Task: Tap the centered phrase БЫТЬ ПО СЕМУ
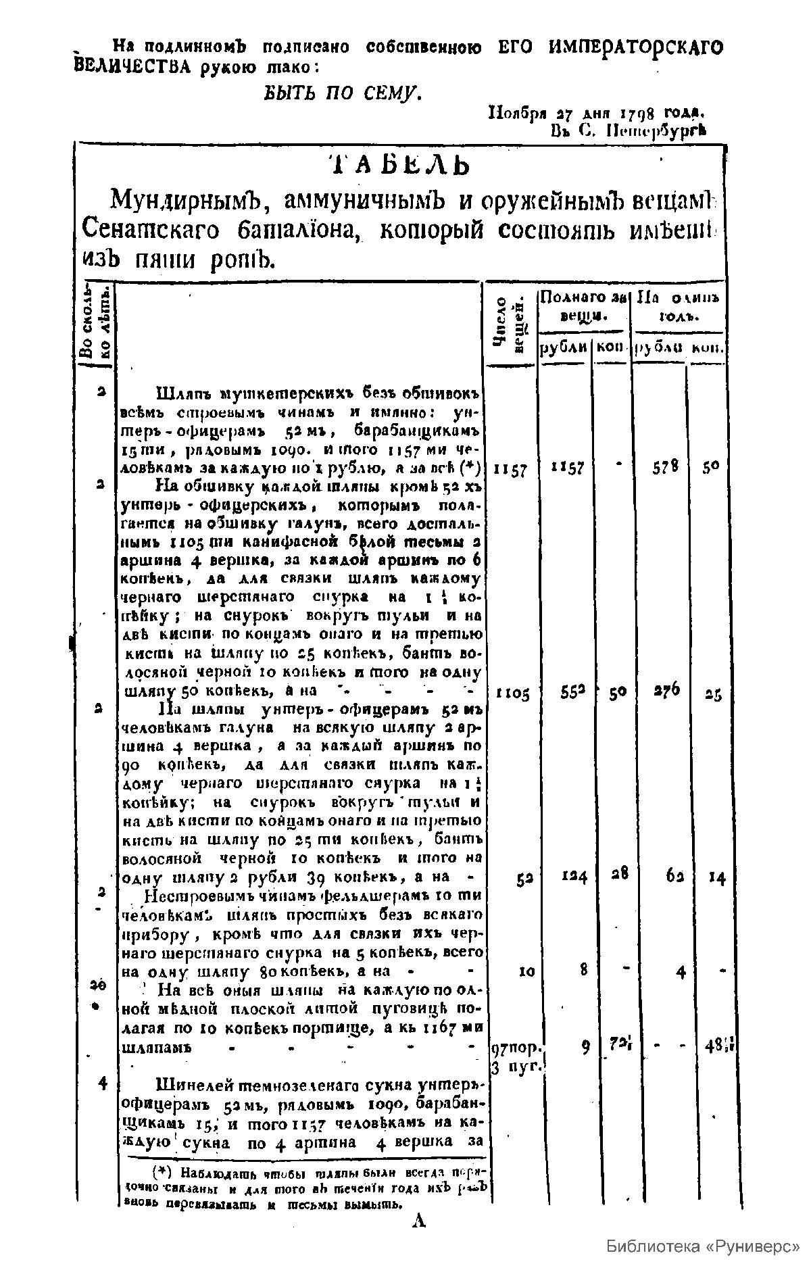(343, 91)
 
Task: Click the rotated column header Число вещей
(510, 323)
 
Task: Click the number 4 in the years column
(103, 1082)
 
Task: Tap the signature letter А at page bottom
(419, 1220)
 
